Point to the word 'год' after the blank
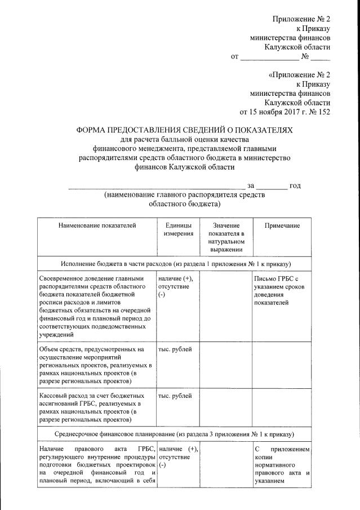(x=295, y=186)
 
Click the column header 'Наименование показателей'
(x=97, y=226)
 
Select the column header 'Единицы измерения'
(x=178, y=229)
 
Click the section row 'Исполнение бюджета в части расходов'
(x=175, y=264)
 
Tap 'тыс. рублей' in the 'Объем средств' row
(x=175, y=350)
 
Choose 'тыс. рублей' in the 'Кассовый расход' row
(x=175, y=396)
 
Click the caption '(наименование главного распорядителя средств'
(x=184, y=195)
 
